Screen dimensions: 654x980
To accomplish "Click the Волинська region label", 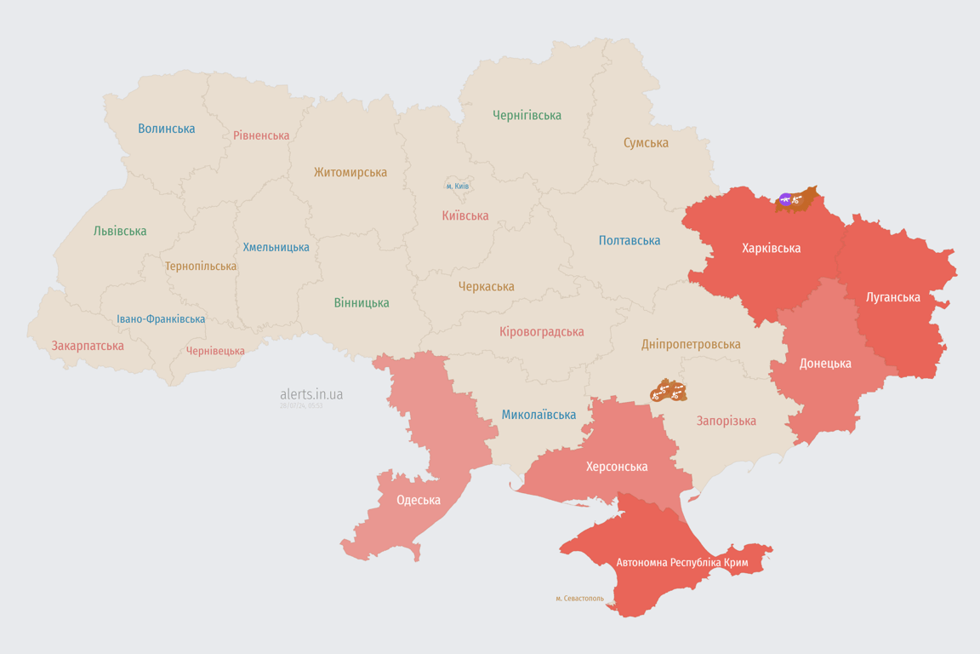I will pyautogui.click(x=167, y=129).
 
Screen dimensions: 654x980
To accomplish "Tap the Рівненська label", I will pyautogui.click(x=261, y=135).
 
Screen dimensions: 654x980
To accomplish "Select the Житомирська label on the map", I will pyautogui.click(x=350, y=172).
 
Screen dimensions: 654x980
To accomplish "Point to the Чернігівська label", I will pyautogui.click(x=527, y=115).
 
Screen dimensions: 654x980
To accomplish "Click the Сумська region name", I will pyautogui.click(x=646, y=143).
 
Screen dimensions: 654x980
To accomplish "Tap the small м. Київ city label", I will pyautogui.click(x=458, y=186).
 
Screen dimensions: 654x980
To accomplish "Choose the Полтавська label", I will pyautogui.click(x=630, y=240).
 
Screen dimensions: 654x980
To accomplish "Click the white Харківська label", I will pyautogui.click(x=771, y=249).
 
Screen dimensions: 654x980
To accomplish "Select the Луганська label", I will pyautogui.click(x=892, y=297).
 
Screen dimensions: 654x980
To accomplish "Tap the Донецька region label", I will pyautogui.click(x=825, y=364).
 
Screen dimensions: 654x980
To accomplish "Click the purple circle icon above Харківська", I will pyautogui.click(x=785, y=199).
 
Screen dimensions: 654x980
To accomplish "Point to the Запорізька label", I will pyautogui.click(x=726, y=421).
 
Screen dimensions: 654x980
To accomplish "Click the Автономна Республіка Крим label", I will pyautogui.click(x=682, y=563).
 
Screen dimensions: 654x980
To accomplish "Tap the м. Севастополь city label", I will pyautogui.click(x=579, y=599).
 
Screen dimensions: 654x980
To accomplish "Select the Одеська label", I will pyautogui.click(x=419, y=500).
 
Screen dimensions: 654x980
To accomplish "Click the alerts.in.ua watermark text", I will pyautogui.click(x=311, y=394).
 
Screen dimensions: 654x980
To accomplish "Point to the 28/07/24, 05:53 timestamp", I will pyautogui.click(x=301, y=406).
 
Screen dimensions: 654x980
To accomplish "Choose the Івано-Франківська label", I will pyautogui.click(x=161, y=319).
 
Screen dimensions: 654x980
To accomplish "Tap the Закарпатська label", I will pyautogui.click(x=88, y=346).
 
